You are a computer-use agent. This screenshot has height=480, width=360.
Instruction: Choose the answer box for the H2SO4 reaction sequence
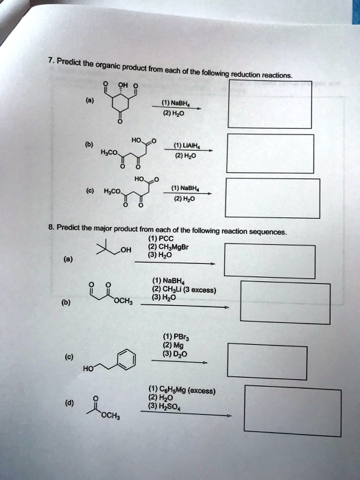coord(293,411)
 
